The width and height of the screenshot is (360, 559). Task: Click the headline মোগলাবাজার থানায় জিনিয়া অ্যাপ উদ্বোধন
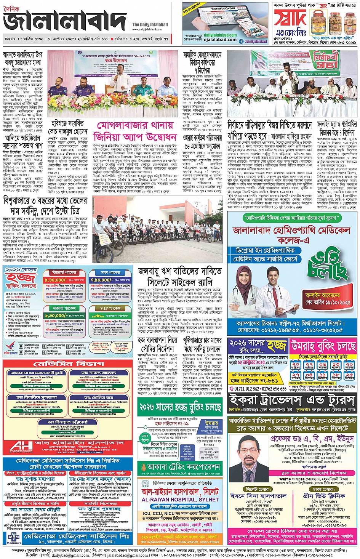(135, 131)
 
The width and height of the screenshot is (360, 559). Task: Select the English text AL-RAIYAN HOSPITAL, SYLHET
(180, 499)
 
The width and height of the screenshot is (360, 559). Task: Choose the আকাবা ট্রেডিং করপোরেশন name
(183, 467)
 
